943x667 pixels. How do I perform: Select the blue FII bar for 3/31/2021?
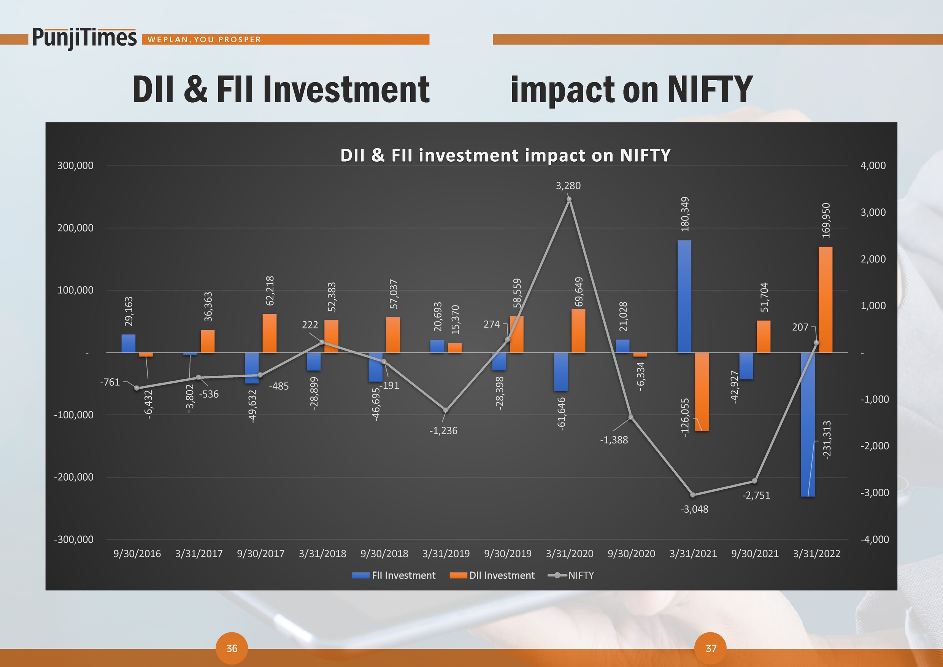pos(684,296)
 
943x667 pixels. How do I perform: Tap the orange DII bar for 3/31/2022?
pos(826,299)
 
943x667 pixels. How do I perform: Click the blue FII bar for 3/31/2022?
pos(808,425)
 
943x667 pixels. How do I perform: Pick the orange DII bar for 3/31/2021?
pos(702,392)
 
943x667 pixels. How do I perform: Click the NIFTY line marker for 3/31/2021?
pos(693,495)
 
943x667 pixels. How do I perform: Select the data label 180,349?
pos(685,214)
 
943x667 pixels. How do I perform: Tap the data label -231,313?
pos(827,440)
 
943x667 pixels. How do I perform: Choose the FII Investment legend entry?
pos(394,575)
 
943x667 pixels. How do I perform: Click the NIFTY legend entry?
pos(571,575)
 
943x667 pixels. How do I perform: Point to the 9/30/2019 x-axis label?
pos(508,554)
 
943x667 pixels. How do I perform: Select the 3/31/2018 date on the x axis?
pos(322,554)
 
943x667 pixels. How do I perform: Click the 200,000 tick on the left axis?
pos(75,228)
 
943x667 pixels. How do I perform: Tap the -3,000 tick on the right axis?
pos(875,492)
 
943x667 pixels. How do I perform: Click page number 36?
pos(232,648)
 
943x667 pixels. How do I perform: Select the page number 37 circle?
pos(711,648)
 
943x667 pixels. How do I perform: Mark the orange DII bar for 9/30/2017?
pos(270,333)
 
